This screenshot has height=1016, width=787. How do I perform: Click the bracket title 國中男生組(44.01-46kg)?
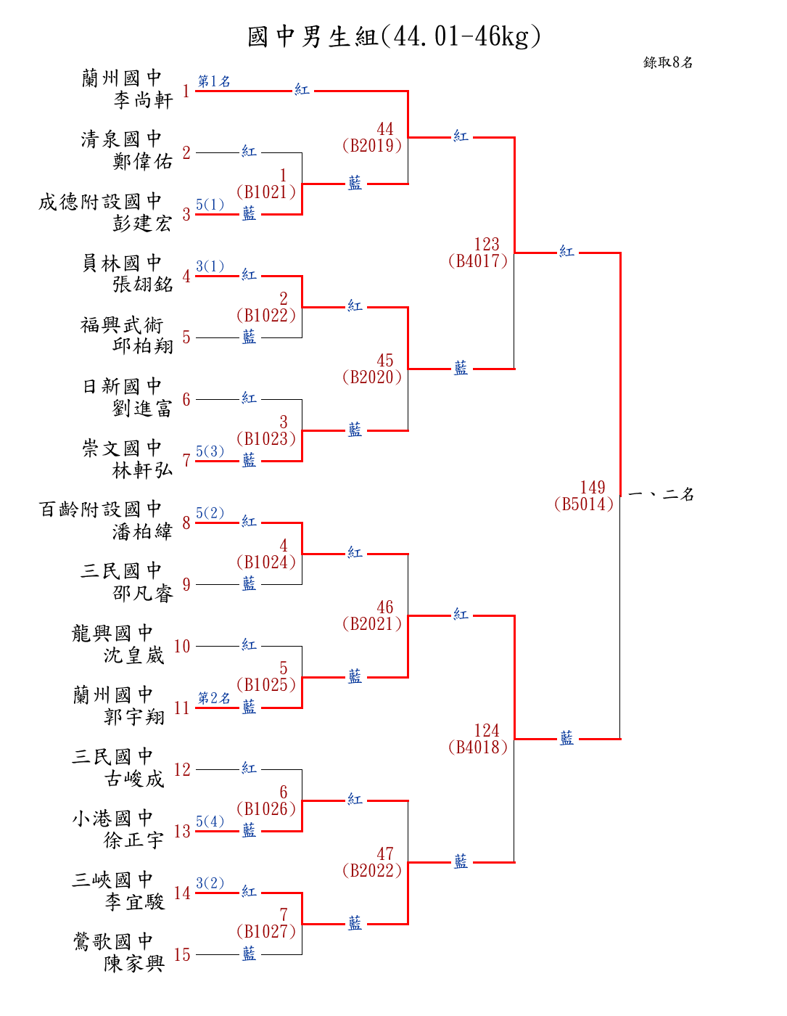394,36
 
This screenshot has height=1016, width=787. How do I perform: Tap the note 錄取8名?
668,62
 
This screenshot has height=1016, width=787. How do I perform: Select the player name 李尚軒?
143,100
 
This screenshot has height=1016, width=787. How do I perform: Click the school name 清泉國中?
121,139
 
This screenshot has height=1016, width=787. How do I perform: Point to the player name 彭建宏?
143,224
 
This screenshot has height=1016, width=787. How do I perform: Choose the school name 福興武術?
121,324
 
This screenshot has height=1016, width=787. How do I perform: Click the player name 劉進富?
143,409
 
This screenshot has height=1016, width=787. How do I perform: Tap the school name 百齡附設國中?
100,509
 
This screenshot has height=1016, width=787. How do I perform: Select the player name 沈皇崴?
134,655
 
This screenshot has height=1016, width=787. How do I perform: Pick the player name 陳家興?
134,964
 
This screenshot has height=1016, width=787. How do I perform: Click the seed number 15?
182,955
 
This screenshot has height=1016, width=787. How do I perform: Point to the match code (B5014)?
584,504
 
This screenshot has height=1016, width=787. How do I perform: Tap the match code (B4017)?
478,261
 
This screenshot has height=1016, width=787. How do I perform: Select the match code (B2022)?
372,871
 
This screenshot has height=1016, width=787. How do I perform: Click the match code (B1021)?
266,192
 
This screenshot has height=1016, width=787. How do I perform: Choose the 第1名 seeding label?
214,81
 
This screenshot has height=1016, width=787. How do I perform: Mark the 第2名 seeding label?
214,698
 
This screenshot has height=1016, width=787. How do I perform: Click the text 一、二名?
661,495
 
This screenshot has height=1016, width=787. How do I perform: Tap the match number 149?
593,488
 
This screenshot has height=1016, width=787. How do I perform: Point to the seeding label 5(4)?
210,822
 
